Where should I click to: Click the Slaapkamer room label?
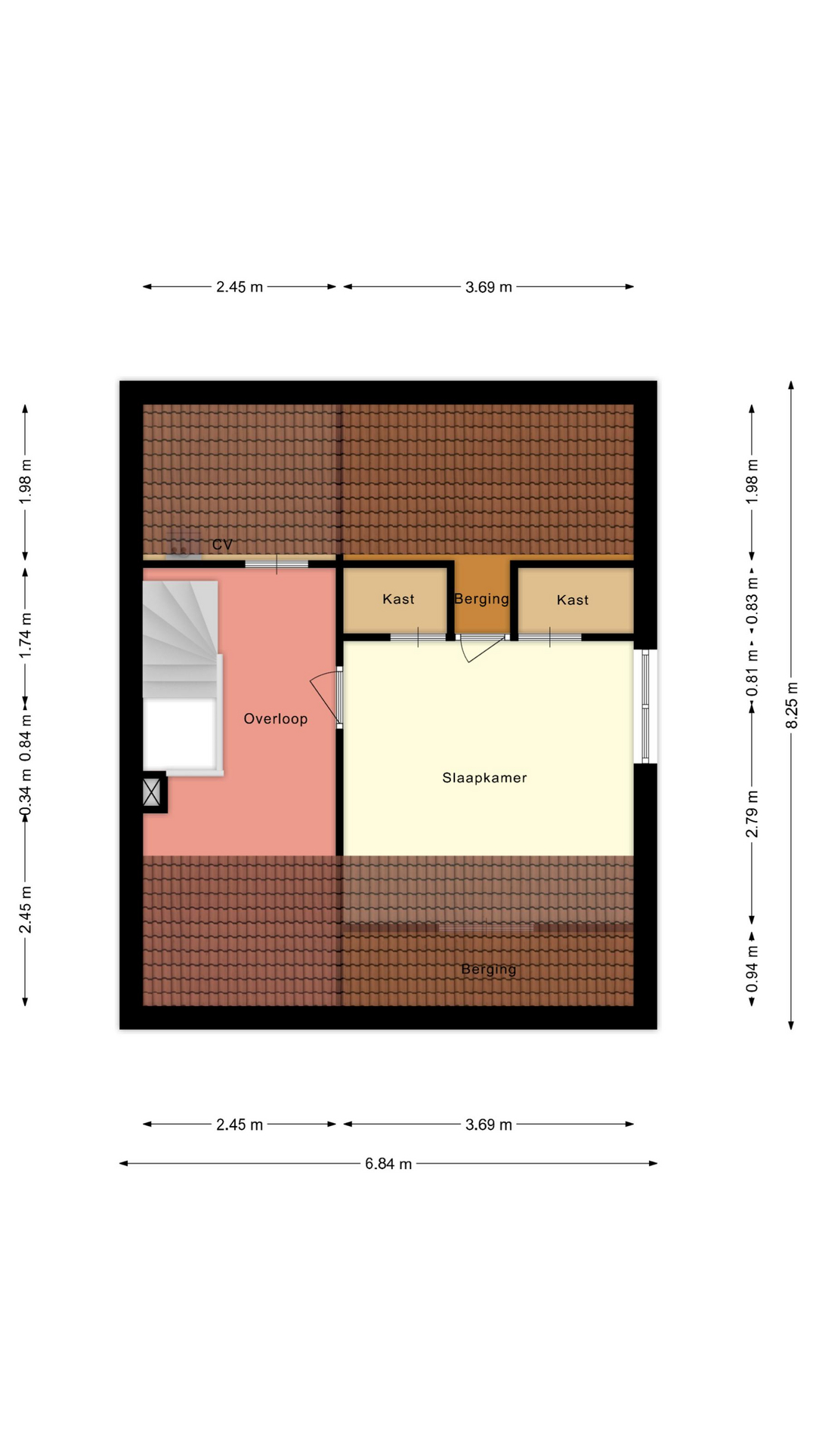[x=484, y=778]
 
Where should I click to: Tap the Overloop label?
[x=275, y=719]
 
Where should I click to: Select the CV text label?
[x=222, y=545]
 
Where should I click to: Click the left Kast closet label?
[x=398, y=599]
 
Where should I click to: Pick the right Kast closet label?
[x=572, y=600]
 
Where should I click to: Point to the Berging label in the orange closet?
[x=481, y=599]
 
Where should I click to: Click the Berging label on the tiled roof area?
[x=489, y=970]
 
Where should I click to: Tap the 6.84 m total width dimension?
[x=388, y=1164]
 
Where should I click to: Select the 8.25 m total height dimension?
[x=792, y=705]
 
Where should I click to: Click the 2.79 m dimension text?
[x=752, y=814]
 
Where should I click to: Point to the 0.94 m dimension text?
[x=752, y=970]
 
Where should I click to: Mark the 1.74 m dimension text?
[x=25, y=635]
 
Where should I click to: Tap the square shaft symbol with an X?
[x=152, y=792]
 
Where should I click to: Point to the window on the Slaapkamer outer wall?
[x=645, y=706]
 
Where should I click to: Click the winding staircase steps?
[x=181, y=639]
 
